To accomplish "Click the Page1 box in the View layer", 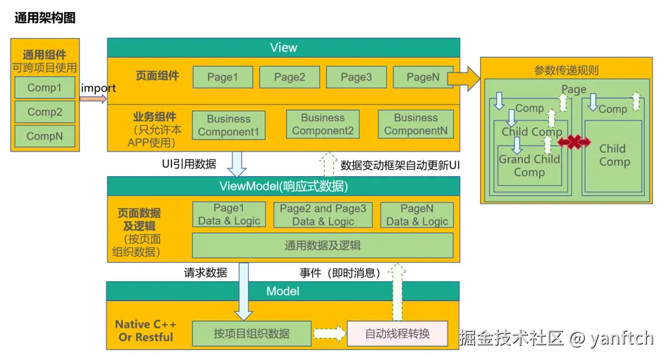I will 222,77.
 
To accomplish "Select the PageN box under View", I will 423,77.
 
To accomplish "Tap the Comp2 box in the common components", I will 44,112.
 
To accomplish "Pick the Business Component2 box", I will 323,125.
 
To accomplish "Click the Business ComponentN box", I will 415,125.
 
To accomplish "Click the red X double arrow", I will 574,143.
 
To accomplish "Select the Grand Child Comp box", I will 529,166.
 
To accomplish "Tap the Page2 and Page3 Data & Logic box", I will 323,215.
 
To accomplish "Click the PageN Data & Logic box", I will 417,215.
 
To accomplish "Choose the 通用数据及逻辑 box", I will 323,245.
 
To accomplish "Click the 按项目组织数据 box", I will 252,333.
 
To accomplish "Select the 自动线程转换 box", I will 397,333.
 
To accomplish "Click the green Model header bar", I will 283,291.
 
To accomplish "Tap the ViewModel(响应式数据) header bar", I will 283,186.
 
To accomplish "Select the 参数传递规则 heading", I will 567,70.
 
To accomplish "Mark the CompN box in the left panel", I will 44,136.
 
